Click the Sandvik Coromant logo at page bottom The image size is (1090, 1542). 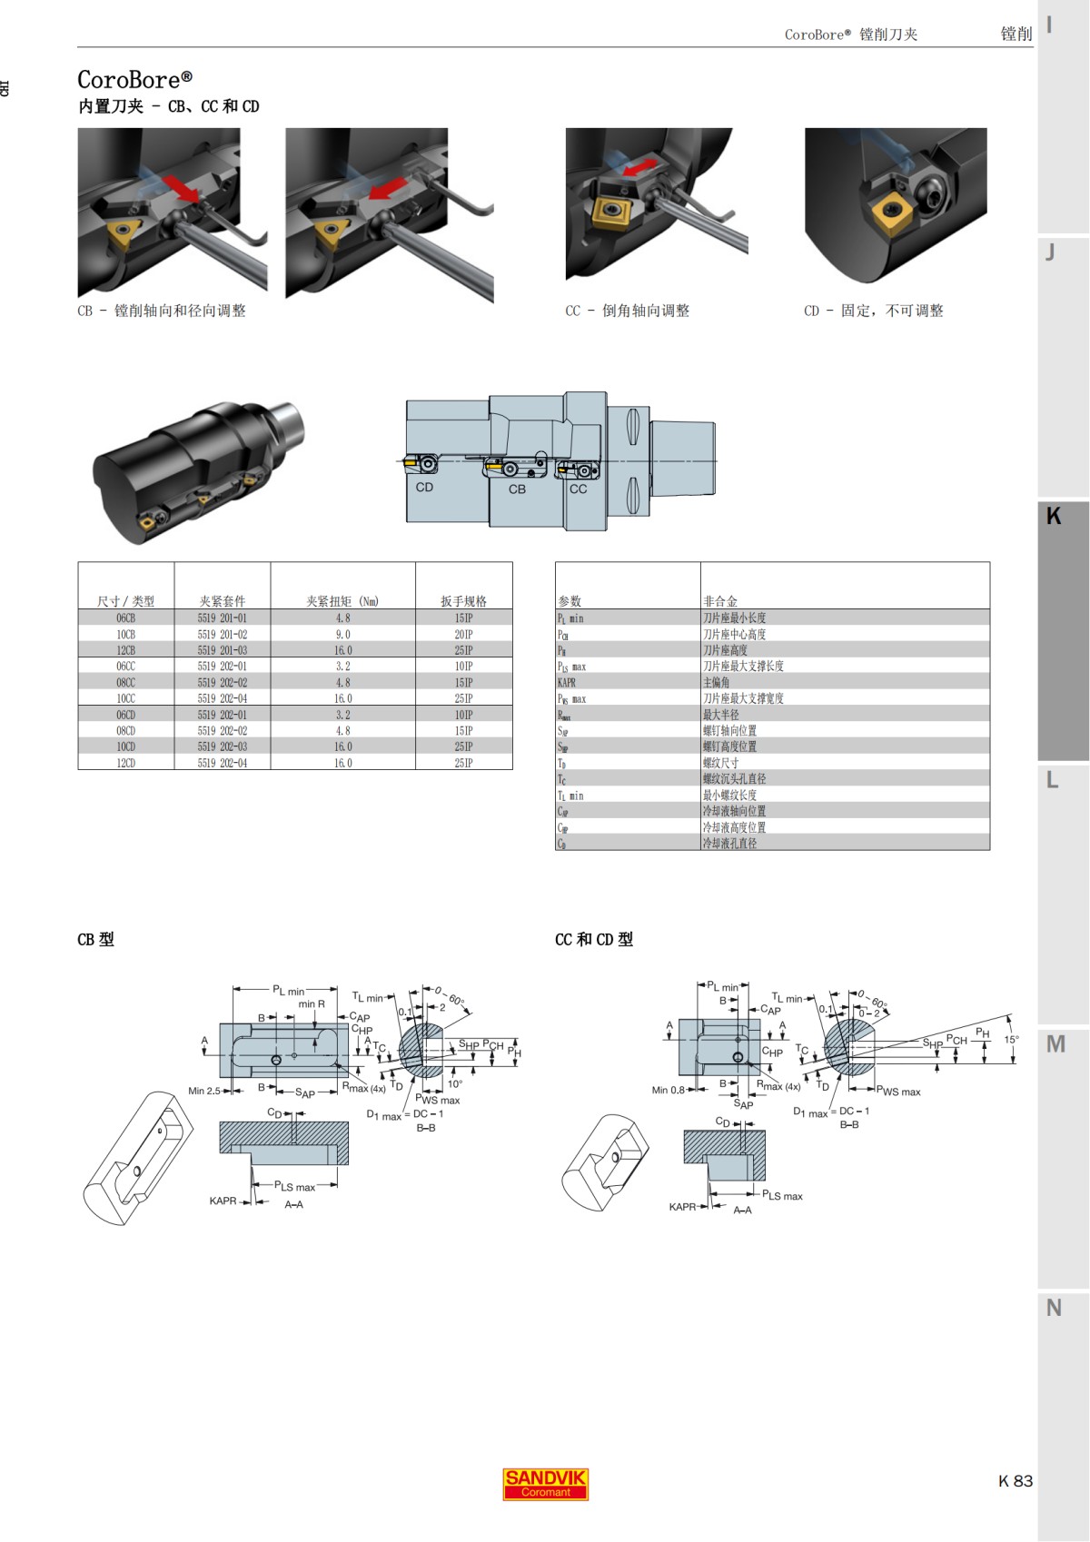coord(545,1484)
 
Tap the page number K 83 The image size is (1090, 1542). coord(1016,1480)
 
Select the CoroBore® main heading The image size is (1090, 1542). coord(134,80)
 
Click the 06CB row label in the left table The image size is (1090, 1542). coord(125,618)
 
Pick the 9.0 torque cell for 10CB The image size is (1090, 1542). coord(342,635)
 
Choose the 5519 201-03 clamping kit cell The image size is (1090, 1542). coord(222,650)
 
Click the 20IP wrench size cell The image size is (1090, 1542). coord(463,635)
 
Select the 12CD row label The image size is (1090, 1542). coord(125,763)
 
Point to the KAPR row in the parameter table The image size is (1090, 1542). coord(568,683)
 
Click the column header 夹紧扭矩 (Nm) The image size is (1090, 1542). coord(342,601)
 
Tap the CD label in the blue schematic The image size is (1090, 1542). coord(424,488)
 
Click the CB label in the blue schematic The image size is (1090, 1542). coord(517,489)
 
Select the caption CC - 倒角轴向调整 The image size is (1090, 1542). coord(627,311)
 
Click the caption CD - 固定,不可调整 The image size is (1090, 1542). coord(873,311)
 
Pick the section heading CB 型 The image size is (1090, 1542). coord(95,940)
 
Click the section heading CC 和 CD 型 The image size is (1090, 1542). coord(593,940)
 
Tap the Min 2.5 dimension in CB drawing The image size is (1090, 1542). coord(203,1091)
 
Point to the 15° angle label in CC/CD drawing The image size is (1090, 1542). coord(1011,1039)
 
